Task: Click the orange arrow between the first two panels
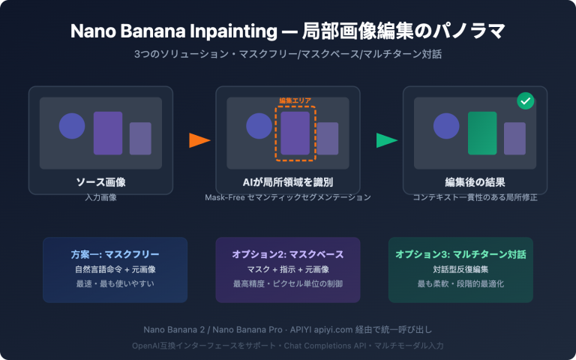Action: point(199,140)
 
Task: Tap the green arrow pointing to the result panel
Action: point(386,140)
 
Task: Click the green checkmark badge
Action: point(525,101)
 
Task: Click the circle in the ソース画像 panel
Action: point(72,125)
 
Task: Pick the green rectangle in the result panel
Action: point(482,133)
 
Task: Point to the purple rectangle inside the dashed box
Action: point(295,133)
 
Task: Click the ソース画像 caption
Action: point(100,182)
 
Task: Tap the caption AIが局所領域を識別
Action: point(288,182)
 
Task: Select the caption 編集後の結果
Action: point(475,182)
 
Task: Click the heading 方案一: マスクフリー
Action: point(115,255)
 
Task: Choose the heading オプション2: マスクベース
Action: point(288,255)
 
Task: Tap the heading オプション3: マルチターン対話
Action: point(460,255)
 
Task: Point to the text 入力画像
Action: point(100,197)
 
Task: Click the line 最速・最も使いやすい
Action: point(115,285)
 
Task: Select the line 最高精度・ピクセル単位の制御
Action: point(288,285)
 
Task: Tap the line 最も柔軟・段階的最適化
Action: point(460,285)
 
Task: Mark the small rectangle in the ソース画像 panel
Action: point(140,138)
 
